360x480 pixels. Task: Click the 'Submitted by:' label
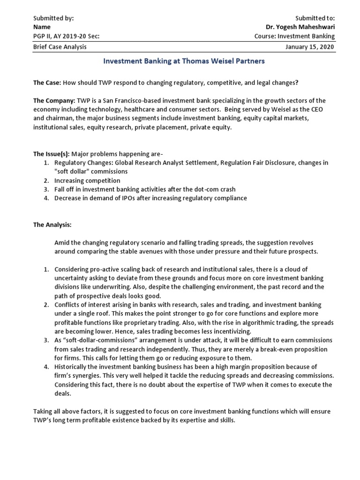53,18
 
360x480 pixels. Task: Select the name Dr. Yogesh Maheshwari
300,27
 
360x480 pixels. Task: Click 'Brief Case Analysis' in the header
60,47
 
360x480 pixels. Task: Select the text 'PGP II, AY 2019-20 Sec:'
66,36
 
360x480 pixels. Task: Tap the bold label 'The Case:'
47,82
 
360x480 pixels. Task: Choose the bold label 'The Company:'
52,101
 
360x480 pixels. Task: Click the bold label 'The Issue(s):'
51,154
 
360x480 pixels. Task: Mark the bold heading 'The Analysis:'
52,225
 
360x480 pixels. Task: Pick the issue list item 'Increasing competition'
87,180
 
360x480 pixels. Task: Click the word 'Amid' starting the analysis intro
62,242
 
